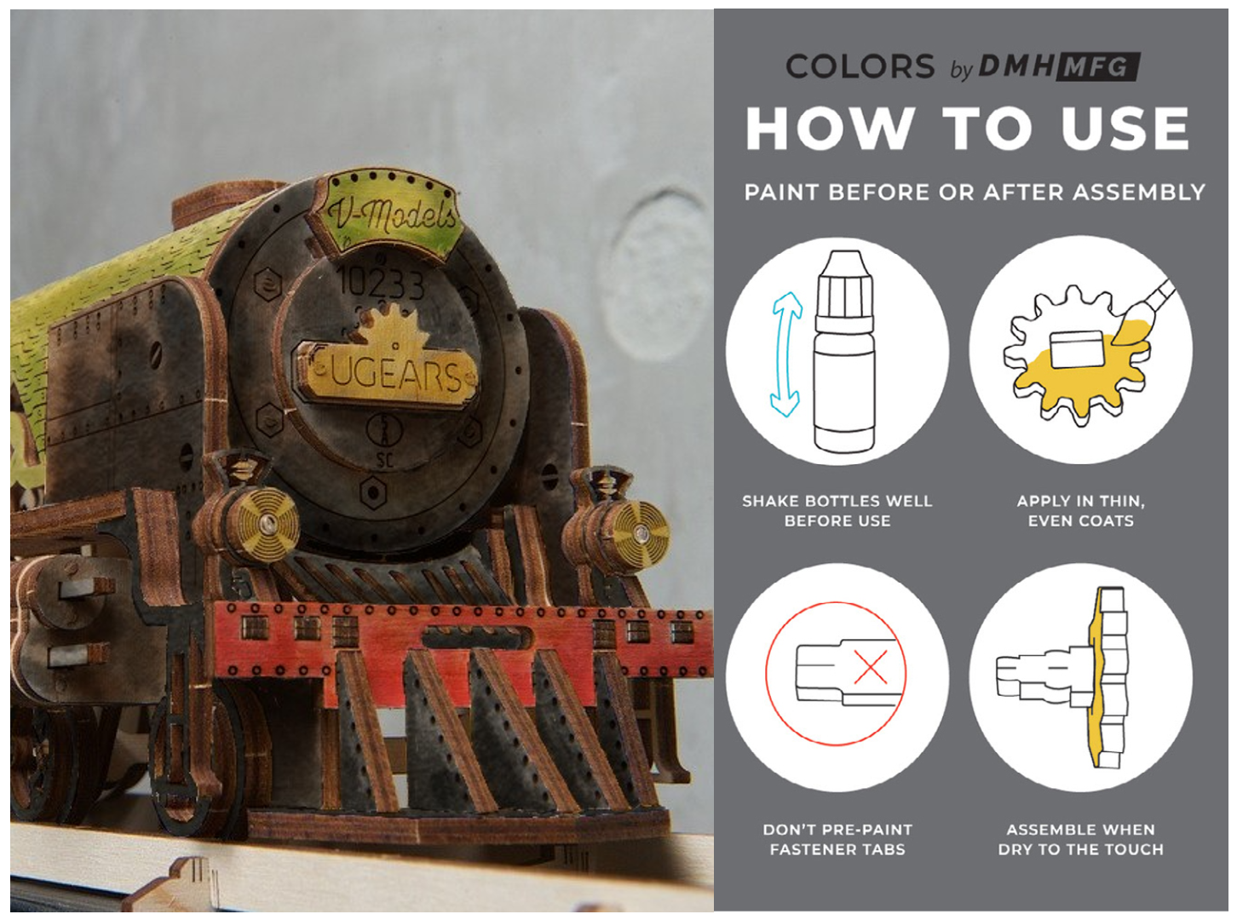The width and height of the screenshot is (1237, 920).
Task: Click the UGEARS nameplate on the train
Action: pyautogui.click(x=387, y=372)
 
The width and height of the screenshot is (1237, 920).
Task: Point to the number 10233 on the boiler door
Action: pyautogui.click(x=382, y=283)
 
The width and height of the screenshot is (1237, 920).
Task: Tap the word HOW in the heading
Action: pyautogui.click(x=830, y=129)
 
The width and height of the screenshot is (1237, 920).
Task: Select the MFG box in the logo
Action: pyautogui.click(x=1096, y=67)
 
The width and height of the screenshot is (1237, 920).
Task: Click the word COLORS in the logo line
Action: pyautogui.click(x=860, y=66)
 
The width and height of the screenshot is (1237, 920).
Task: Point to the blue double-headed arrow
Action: pyautogui.click(x=786, y=354)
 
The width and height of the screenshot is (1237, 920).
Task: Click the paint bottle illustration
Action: pyautogui.click(x=843, y=351)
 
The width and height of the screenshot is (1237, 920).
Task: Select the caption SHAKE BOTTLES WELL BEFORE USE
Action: pyautogui.click(x=837, y=510)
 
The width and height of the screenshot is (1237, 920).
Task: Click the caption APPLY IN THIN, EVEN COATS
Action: pyautogui.click(x=1081, y=510)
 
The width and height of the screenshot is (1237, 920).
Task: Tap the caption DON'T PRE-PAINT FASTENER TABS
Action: pyautogui.click(x=837, y=839)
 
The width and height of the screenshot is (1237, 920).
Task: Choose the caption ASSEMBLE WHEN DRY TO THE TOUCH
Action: pyautogui.click(x=1081, y=839)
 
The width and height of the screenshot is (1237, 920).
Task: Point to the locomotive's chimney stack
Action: pyautogui.click(x=223, y=202)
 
